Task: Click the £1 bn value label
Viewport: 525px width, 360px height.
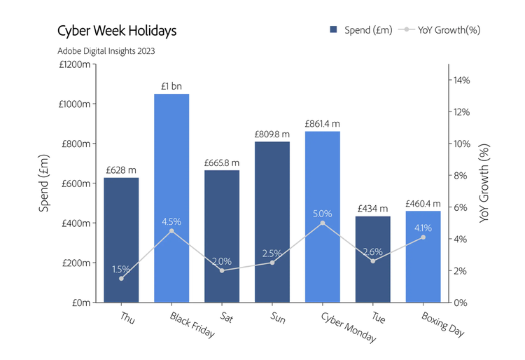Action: [x=171, y=86]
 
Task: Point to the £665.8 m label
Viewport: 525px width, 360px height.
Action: [x=222, y=162]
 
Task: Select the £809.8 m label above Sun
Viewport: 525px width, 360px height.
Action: [x=272, y=134]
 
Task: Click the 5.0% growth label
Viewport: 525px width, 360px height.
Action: [x=322, y=213]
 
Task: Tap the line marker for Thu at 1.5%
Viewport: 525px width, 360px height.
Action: [x=121, y=279]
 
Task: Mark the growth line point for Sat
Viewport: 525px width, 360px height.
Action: [x=222, y=270]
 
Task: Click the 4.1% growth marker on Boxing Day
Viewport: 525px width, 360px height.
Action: [x=423, y=237]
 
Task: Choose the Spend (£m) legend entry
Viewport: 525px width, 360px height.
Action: [x=361, y=29]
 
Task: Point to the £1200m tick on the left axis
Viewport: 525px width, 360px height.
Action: [x=75, y=64]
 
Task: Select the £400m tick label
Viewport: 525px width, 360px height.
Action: [x=76, y=223]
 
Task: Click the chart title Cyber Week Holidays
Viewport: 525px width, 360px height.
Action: [x=116, y=31]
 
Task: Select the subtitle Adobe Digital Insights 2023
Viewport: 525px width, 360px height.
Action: [x=106, y=50]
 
